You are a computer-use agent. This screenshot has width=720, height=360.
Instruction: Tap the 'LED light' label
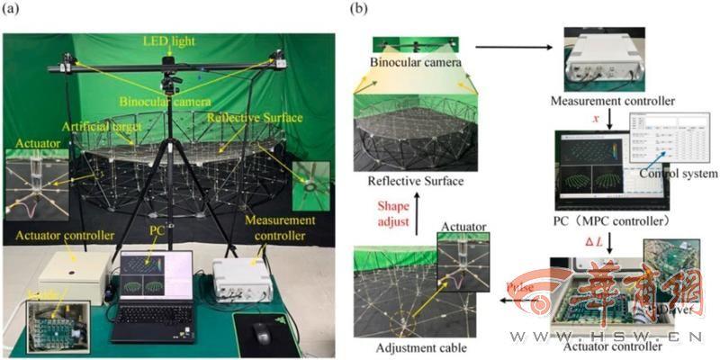[x=168, y=41]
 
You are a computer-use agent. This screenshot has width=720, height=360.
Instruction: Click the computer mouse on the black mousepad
[x=263, y=334]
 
